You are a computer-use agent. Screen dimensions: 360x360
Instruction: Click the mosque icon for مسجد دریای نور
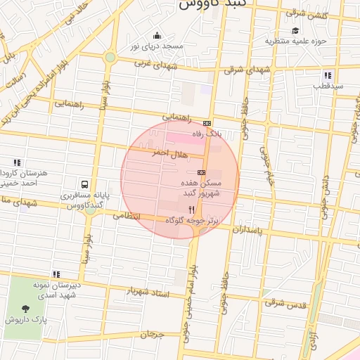click(x=156, y=35)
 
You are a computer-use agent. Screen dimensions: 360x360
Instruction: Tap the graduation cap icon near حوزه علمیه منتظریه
click(x=296, y=31)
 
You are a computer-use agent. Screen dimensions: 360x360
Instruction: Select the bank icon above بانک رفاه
click(x=206, y=122)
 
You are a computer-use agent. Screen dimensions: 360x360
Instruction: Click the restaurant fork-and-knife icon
click(x=191, y=210)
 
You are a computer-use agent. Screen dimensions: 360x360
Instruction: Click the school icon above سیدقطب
click(x=328, y=75)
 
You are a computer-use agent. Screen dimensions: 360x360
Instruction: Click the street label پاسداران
click(x=251, y=230)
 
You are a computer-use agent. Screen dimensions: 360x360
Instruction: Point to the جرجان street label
click(x=151, y=334)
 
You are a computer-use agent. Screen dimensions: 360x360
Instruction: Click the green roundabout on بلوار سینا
click(x=110, y=58)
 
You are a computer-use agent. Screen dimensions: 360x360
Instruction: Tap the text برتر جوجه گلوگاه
click(x=193, y=220)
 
